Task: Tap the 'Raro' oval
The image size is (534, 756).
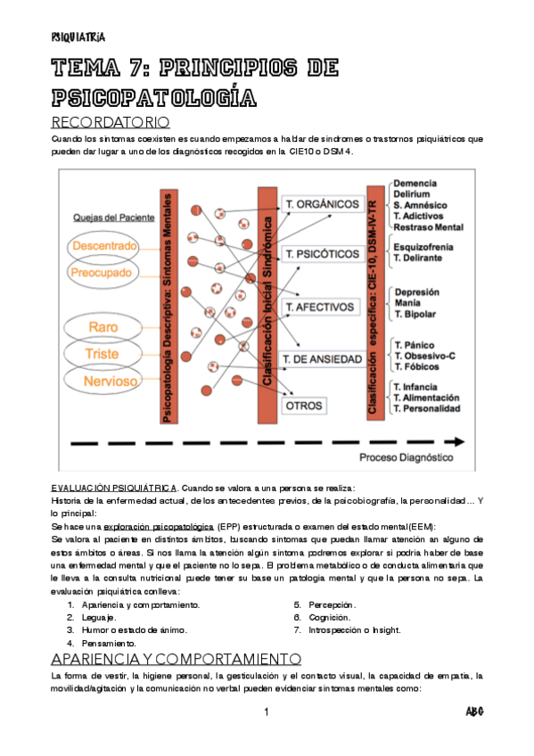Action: tap(103, 327)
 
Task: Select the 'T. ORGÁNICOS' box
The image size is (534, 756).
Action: tap(321, 204)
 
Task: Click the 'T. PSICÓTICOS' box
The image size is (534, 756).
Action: tap(321, 255)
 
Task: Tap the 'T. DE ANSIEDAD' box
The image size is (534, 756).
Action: tap(323, 358)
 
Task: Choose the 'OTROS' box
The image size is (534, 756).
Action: tap(304, 405)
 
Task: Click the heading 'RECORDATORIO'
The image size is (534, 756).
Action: tap(111, 121)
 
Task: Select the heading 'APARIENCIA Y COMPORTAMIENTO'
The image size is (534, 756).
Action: tap(176, 659)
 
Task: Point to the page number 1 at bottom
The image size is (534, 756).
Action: tap(267, 712)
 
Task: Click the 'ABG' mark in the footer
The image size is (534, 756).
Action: tap(474, 712)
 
